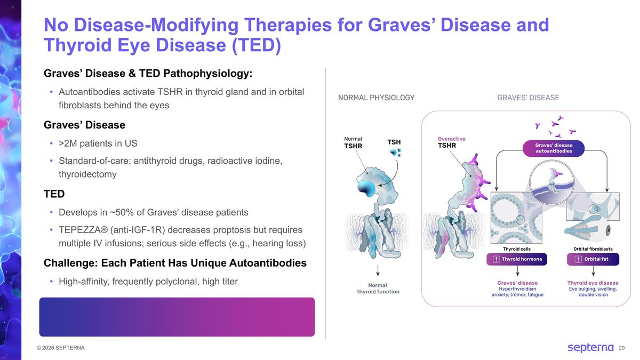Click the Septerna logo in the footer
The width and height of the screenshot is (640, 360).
590,348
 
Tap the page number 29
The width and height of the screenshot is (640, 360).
621,348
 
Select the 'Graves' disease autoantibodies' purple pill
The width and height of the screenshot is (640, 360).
554,148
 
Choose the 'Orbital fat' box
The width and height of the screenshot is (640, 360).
593,259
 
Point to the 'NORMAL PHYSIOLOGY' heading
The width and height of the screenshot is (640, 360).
376,98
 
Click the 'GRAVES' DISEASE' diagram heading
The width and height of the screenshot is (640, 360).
527,98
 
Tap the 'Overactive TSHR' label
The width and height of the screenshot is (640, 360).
451,142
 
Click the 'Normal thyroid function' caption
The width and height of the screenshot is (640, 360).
378,289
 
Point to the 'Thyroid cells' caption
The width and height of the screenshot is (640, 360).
516,249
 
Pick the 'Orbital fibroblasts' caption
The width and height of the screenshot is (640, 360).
593,249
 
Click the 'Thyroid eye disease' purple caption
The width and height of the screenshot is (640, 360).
593,283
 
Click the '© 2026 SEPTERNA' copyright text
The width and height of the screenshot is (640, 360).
57,348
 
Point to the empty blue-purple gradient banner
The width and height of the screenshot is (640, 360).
177,317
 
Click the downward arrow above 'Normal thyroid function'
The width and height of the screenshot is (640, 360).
378,270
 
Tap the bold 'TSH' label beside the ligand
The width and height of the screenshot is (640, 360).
394,142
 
